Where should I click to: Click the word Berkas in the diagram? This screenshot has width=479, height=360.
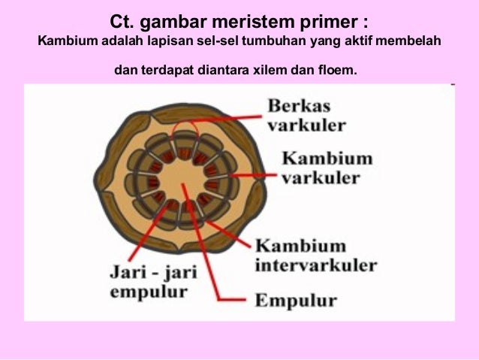[x=299, y=105]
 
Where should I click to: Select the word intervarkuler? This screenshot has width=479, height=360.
[x=316, y=265]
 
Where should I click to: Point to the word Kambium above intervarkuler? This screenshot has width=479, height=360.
[x=300, y=246]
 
